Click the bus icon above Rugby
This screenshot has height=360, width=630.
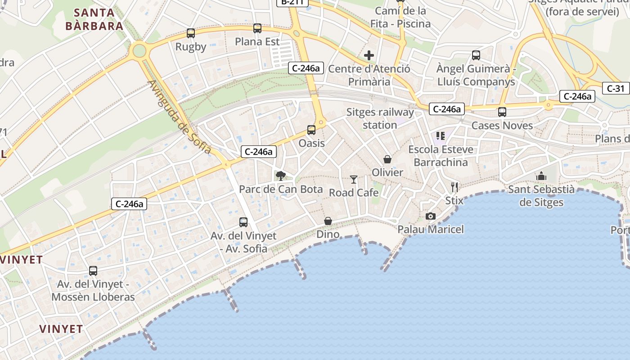pos(191,33)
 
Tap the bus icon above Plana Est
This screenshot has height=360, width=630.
pos(257,28)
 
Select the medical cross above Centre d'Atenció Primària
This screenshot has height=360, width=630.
pos(369,55)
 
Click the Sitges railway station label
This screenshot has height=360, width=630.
pos(380,118)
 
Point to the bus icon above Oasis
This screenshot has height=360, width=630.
pos(311,130)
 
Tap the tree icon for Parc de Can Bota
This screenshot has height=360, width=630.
pos(281,175)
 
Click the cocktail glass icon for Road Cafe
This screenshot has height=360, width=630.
pos(354,180)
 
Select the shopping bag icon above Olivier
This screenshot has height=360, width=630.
pos(387,159)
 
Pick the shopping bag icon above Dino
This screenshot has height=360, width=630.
pos(328,221)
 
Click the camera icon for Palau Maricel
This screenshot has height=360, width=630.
pos(431,216)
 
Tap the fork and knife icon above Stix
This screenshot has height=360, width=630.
pos(454,187)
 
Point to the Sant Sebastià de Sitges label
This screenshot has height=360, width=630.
pos(541,196)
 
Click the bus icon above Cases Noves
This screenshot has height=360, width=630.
pos(502,112)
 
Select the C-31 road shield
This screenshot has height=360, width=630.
pos(616,88)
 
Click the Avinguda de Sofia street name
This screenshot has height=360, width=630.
pos(179,117)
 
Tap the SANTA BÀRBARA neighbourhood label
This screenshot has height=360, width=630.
pos(94,19)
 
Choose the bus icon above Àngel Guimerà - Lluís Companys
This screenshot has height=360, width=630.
pos(476,55)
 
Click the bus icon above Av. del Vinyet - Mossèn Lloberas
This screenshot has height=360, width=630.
pos(93,271)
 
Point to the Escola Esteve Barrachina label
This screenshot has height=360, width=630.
pos(441,156)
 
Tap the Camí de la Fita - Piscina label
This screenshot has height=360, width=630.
pos(400,17)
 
